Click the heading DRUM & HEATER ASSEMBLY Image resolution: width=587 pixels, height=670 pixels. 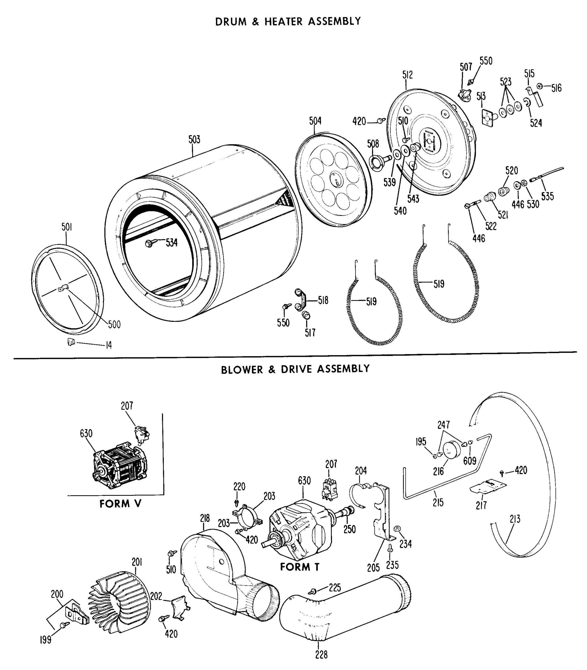[288, 21]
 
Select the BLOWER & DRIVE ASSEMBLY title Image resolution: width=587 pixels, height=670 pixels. [295, 369]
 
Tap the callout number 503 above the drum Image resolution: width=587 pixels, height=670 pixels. [194, 140]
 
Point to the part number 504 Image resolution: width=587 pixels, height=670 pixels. [315, 121]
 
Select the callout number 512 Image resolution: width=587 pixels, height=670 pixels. [408, 75]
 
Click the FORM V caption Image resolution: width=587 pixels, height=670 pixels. [120, 504]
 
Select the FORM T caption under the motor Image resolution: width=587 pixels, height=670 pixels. [299, 567]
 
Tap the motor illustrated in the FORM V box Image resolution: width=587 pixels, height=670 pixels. [120, 465]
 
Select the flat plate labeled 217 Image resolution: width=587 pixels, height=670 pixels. [488, 487]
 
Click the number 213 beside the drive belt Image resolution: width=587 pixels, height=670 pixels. [515, 519]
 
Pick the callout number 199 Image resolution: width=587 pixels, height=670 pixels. [45, 640]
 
